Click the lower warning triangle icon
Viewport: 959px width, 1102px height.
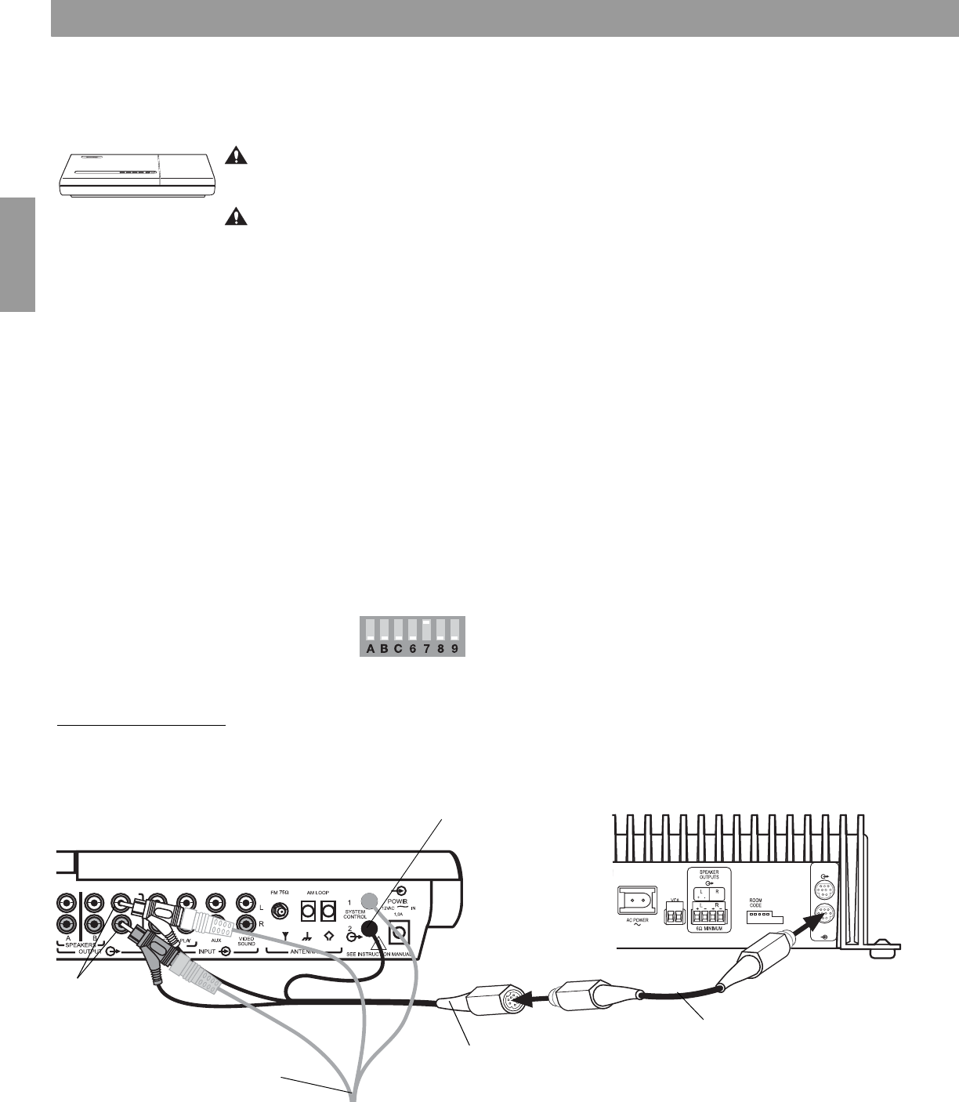click(234, 216)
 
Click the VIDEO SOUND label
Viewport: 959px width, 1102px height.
click(247, 941)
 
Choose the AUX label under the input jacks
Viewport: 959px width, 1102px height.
click(216, 937)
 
